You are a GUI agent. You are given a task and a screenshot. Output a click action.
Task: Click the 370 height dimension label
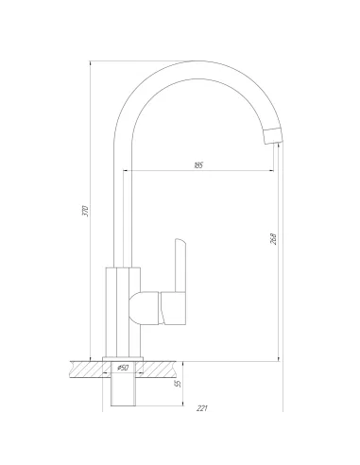[x=85, y=211]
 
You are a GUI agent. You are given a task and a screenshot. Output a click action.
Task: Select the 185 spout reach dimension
[x=198, y=165]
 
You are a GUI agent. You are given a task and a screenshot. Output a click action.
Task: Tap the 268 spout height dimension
[x=273, y=239]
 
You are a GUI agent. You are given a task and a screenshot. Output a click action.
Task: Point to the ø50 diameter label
[x=122, y=368]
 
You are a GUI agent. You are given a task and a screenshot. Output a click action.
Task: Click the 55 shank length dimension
[x=179, y=383]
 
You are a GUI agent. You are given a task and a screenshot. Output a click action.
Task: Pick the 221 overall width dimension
[x=202, y=408]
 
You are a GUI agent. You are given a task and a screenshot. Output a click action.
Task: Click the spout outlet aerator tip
[x=273, y=136]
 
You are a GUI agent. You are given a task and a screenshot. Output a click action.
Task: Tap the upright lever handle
[x=180, y=266]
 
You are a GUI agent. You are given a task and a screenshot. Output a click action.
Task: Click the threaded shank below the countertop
[x=123, y=384]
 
